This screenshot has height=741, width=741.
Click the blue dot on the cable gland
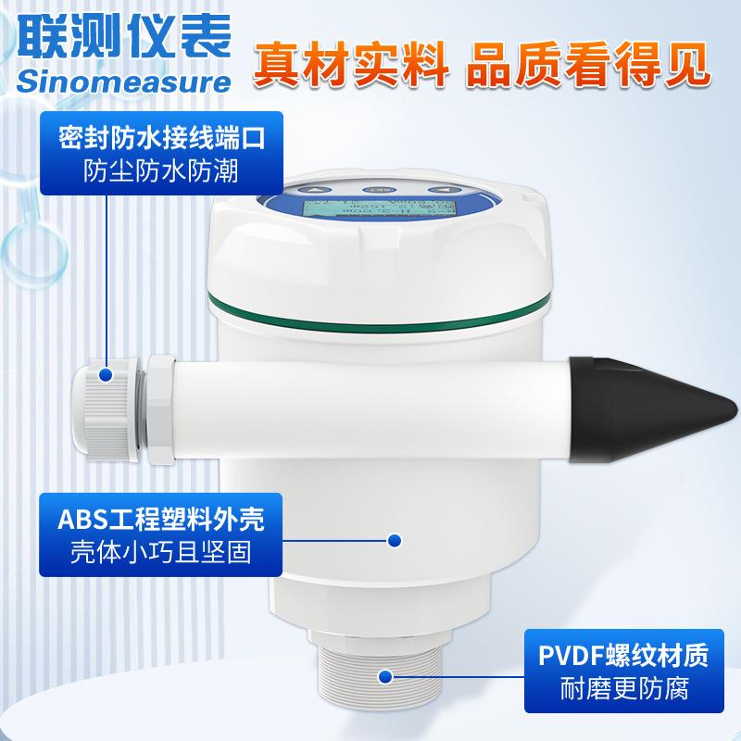click(x=107, y=375)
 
